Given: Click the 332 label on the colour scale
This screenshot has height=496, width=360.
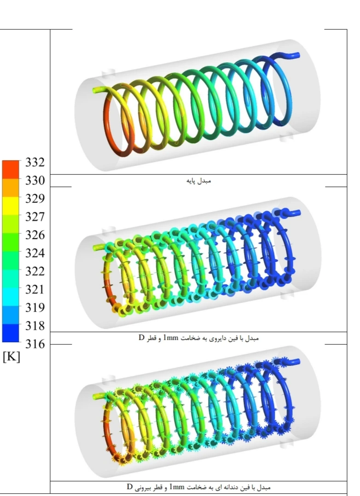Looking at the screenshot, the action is click(x=35, y=162).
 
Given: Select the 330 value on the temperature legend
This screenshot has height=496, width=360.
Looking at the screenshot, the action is click(x=35, y=181).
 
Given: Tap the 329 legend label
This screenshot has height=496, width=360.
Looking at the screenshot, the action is click(x=35, y=198).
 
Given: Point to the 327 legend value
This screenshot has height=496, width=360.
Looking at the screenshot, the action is click(x=35, y=217).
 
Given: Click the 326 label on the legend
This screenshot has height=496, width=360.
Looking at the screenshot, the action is click(x=35, y=235).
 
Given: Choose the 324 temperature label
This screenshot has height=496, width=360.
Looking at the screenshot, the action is click(x=35, y=253).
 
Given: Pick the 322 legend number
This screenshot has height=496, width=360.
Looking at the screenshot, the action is click(x=35, y=271).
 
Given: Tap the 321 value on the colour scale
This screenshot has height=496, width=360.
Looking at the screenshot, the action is click(x=35, y=289).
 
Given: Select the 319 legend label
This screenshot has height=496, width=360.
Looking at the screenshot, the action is click(x=35, y=307).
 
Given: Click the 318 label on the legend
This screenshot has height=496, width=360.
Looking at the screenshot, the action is click(x=35, y=326).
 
